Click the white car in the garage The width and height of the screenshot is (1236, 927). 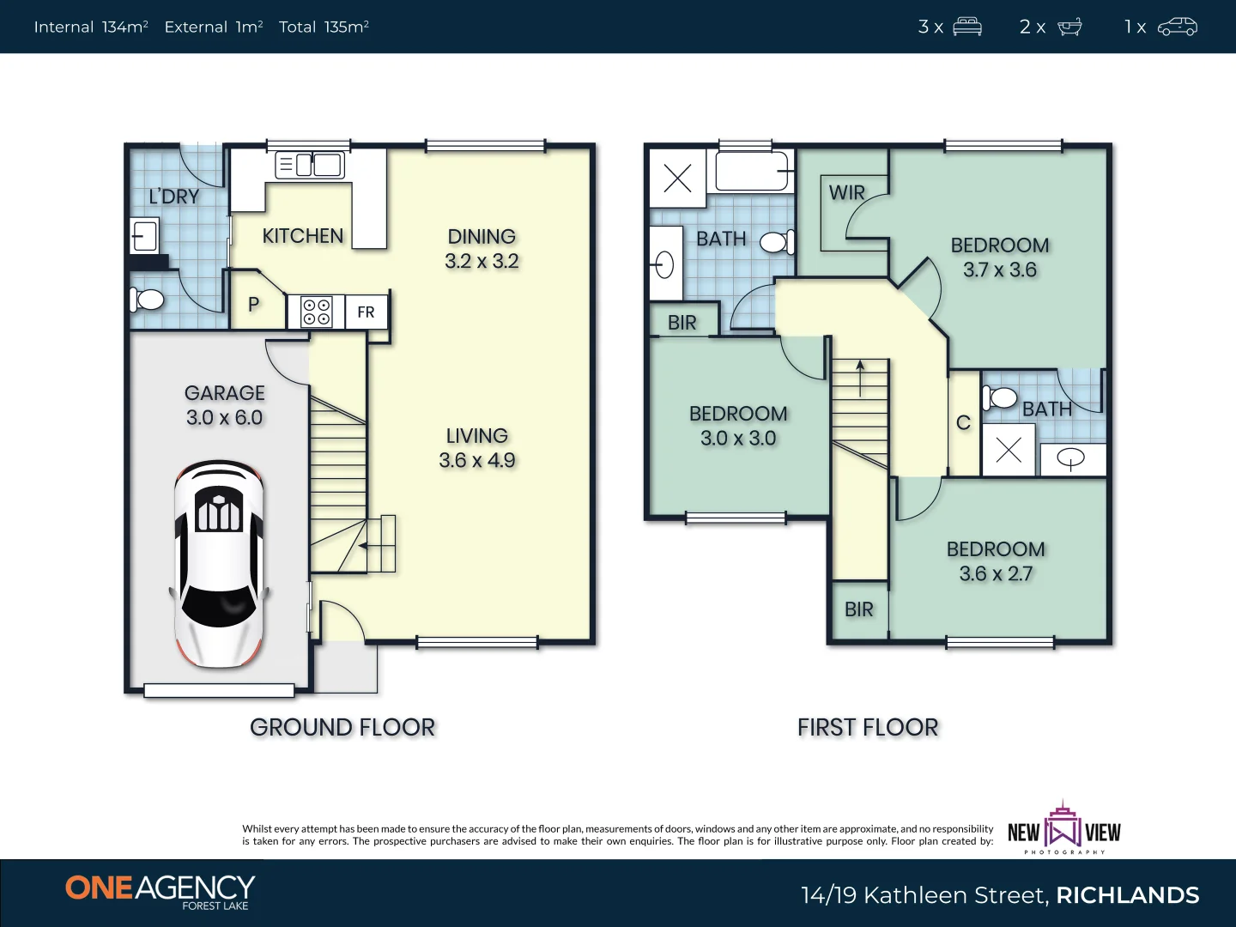pos(219,564)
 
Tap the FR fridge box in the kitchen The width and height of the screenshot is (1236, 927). pos(366,312)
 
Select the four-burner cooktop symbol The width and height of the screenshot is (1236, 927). pos(316,312)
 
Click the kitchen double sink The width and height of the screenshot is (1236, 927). pos(310,165)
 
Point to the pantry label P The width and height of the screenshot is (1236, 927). pos(253,305)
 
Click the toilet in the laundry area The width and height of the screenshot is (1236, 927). pos(147,300)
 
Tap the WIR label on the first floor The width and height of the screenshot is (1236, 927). pos(846,193)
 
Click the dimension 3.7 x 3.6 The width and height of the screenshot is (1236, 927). pos(999,270)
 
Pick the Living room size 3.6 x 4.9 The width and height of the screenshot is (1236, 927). pos(477,460)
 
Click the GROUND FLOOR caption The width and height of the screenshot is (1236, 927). pos(342,727)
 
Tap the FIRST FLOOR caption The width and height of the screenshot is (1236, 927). pos(868,727)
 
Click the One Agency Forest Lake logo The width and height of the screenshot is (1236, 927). pos(161,891)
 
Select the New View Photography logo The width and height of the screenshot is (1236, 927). pos(1064,829)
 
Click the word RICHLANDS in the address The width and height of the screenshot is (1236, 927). pos(1127,895)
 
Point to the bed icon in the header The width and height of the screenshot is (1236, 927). pos(966,27)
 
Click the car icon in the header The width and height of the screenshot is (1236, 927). pos(1177,27)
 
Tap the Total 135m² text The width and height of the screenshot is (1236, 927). pos(324,27)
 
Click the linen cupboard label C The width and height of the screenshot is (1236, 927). pos(963,423)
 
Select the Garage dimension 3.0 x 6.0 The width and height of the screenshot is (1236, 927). pos(225,417)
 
